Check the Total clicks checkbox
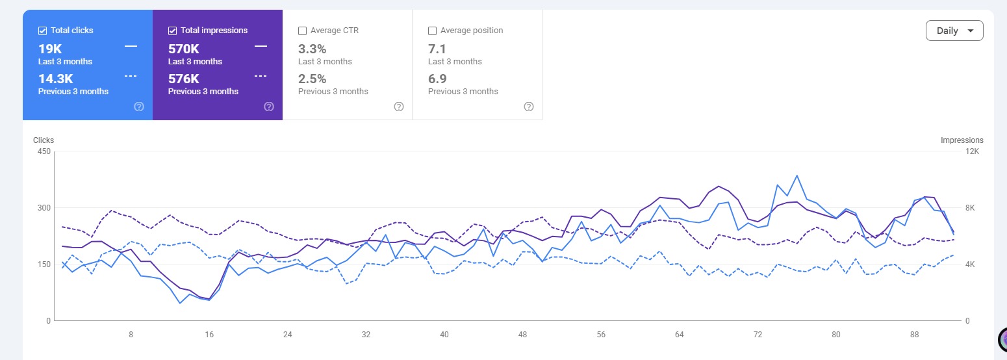[43, 31]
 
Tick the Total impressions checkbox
[172, 31]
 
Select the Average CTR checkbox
[303, 31]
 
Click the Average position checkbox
[433, 31]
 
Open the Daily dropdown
[954, 31]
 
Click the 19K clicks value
[50, 49]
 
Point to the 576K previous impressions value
[183, 79]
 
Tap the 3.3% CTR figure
[312, 49]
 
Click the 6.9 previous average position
[437, 79]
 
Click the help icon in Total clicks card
[139, 107]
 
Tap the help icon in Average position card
[529, 107]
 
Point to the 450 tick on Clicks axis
[44, 151]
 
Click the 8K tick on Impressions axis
[970, 208]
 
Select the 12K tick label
[972, 151]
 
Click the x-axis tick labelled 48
[522, 335]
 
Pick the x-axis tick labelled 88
[914, 335]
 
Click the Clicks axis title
[43, 140]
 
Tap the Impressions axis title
[962, 140]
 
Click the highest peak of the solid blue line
[797, 175]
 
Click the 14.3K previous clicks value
[56, 79]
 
